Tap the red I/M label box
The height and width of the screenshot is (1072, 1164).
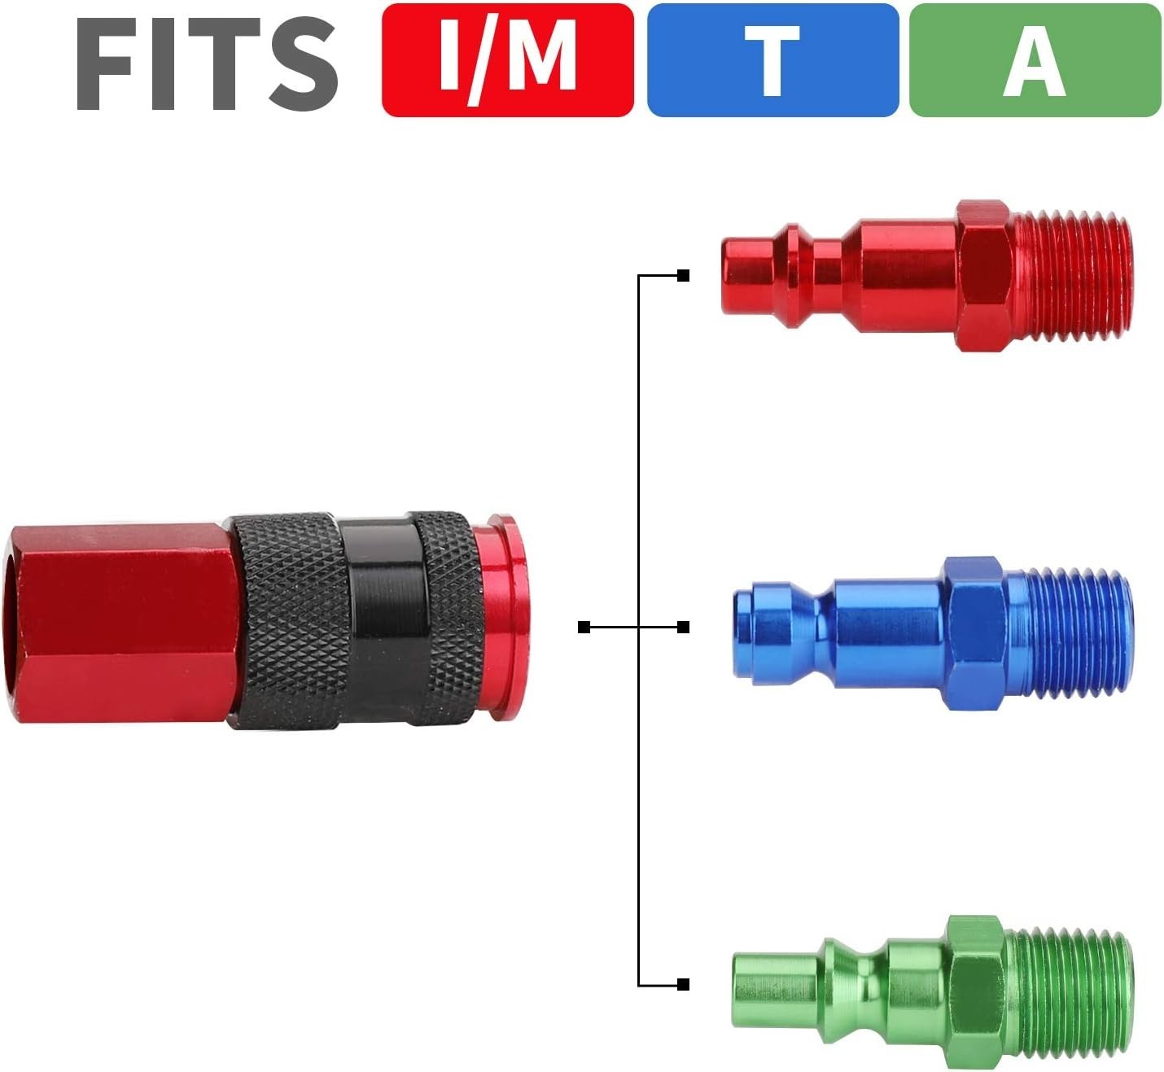coord(507,60)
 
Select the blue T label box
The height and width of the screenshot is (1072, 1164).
coord(772,60)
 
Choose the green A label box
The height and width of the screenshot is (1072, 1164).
coord(1035,60)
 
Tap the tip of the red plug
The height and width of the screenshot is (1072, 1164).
coord(745,275)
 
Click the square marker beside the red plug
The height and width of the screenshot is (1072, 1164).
coord(683,276)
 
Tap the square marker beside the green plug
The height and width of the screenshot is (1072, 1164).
coord(683,985)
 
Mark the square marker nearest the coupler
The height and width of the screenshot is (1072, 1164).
coord(584,627)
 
